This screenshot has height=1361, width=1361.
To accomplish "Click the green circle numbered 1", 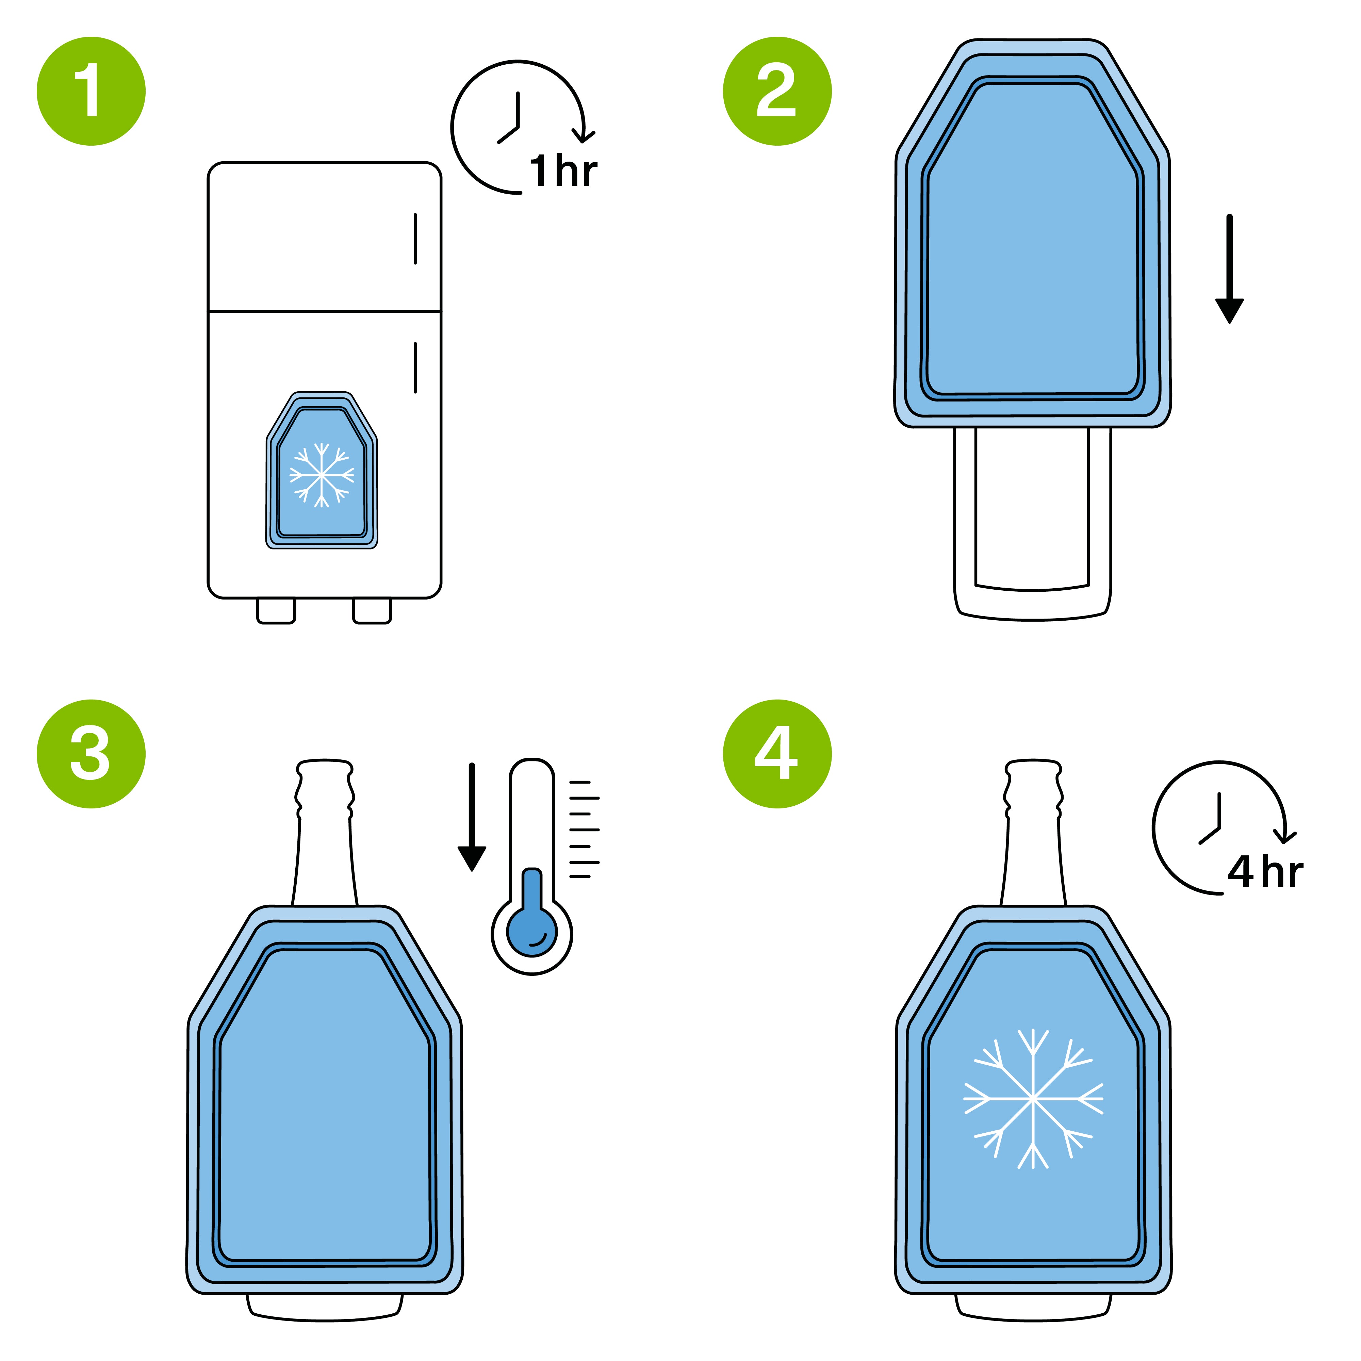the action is (x=91, y=91).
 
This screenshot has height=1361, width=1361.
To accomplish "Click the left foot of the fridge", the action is (x=276, y=611).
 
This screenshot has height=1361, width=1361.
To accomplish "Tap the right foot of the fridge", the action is (x=372, y=611).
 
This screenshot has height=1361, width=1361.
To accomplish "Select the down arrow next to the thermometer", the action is (x=472, y=817).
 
